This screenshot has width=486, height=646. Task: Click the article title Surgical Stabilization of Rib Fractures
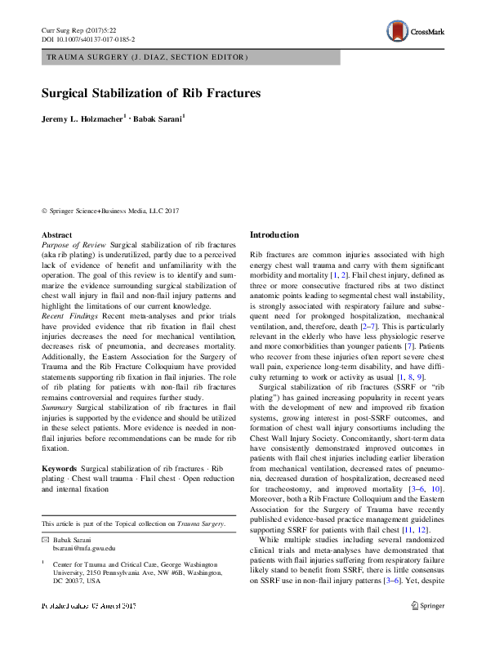click(x=151, y=93)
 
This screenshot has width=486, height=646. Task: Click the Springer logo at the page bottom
click(x=427, y=629)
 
